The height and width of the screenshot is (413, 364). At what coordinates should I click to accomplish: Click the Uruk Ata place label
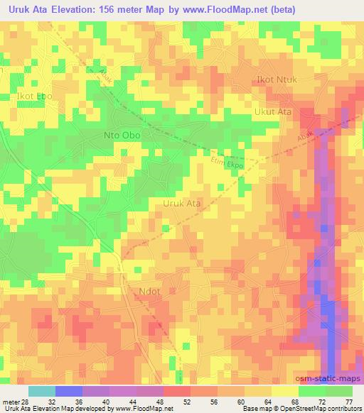point(182,203)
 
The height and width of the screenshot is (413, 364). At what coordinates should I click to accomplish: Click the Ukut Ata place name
point(273,111)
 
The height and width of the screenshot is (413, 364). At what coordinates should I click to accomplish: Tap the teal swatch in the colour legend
point(42,391)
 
